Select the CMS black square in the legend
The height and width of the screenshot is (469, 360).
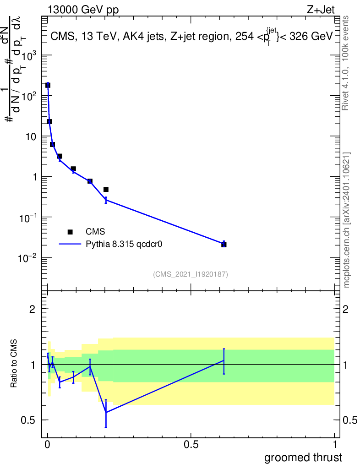click(x=70, y=232)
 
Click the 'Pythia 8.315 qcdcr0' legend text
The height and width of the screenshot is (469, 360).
click(x=125, y=244)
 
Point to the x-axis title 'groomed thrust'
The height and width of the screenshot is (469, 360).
click(x=303, y=457)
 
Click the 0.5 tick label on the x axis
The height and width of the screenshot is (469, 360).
click(x=191, y=445)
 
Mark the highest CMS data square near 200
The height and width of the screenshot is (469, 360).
click(x=48, y=85)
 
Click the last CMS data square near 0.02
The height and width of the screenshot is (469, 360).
click(x=224, y=245)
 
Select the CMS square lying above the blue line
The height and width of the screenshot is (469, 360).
click(x=106, y=189)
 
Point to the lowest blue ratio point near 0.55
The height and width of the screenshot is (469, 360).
click(x=106, y=412)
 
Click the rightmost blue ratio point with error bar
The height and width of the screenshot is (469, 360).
click(x=224, y=360)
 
